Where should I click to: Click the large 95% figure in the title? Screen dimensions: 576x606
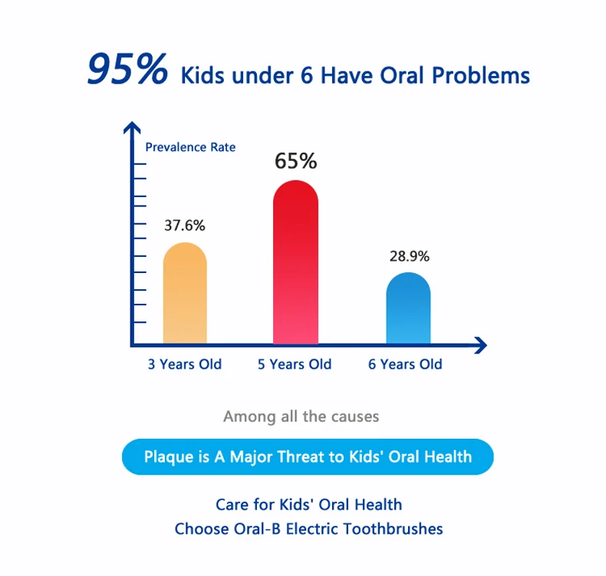tap(127, 71)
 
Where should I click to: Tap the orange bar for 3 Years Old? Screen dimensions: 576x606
tap(185, 295)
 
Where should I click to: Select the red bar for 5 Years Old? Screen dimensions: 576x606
tap(295, 265)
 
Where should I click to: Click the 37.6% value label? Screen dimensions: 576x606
tap(185, 225)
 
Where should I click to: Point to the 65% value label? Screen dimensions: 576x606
tap(295, 161)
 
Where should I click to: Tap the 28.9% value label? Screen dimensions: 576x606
tap(409, 256)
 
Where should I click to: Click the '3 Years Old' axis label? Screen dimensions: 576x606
tap(185, 364)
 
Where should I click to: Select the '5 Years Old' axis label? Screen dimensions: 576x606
tap(295, 364)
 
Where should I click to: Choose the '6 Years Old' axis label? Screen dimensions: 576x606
tap(405, 364)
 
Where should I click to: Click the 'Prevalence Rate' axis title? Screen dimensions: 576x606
tap(190, 146)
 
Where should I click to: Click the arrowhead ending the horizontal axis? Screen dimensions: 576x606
tap(480, 345)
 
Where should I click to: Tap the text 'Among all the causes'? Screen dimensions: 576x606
tap(301, 417)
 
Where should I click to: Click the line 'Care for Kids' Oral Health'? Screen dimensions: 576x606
tap(308, 505)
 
